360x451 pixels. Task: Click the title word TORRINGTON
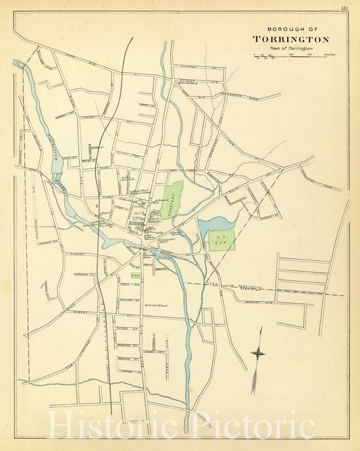(x=290, y=39)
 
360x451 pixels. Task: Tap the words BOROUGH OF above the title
(x=290, y=30)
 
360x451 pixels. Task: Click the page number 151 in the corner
(x=343, y=7)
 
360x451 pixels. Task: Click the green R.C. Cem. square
(x=222, y=240)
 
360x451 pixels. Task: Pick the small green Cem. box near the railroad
(x=134, y=276)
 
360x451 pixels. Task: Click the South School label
(x=157, y=306)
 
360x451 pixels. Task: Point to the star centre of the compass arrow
(x=257, y=352)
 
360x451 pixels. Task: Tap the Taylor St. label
(x=126, y=298)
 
